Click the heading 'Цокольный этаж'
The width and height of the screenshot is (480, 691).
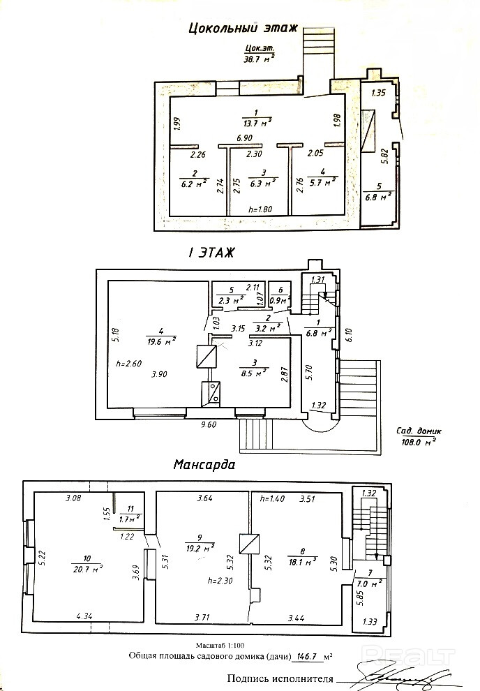click(243, 29)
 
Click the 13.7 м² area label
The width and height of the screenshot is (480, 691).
click(256, 122)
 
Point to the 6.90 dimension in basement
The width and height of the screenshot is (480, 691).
click(244, 138)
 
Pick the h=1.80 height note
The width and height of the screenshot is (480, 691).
click(261, 209)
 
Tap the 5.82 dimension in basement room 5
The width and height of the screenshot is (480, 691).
click(384, 154)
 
